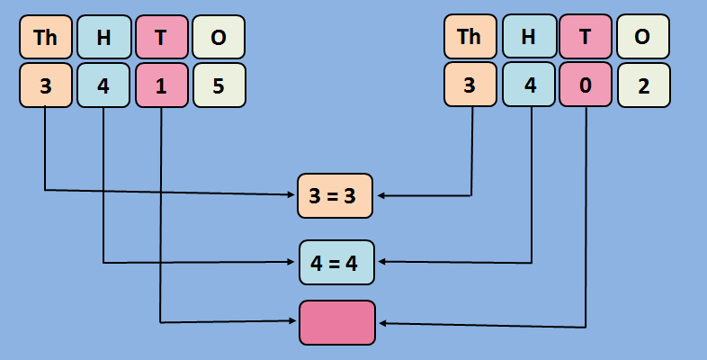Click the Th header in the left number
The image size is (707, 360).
45,37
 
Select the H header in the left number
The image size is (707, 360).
103,37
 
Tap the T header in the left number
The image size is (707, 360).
161,37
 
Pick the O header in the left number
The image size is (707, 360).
219,37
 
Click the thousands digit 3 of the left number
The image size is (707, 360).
45,85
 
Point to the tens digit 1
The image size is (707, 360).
161,85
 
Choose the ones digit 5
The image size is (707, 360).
219,85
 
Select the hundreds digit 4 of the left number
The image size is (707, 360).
103,85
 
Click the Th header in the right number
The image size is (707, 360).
470,37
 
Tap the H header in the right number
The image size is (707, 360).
528,37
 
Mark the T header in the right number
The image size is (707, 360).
586,37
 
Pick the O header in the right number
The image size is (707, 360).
643,37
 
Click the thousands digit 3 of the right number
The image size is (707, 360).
470,85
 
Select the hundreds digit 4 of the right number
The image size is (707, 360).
528,85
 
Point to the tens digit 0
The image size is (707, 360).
586,85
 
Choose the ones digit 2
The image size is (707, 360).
643,85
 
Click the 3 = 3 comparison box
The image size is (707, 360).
336,195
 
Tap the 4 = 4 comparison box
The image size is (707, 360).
336,263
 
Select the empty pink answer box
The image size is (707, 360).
337,322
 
